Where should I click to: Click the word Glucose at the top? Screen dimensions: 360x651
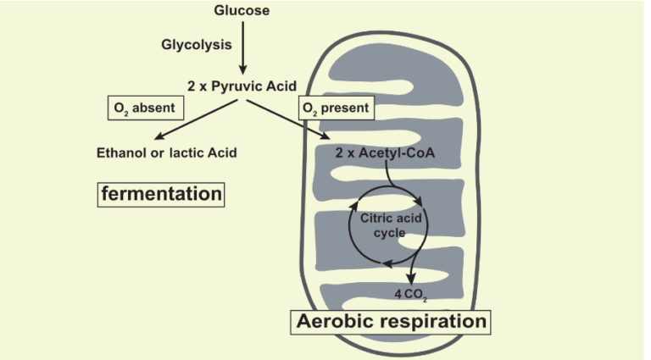[242, 12]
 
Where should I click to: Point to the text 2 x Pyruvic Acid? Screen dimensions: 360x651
[242, 85]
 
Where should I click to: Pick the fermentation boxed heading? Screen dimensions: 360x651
[162, 194]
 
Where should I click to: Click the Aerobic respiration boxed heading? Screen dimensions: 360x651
[391, 322]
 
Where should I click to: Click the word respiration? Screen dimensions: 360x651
[437, 322]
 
